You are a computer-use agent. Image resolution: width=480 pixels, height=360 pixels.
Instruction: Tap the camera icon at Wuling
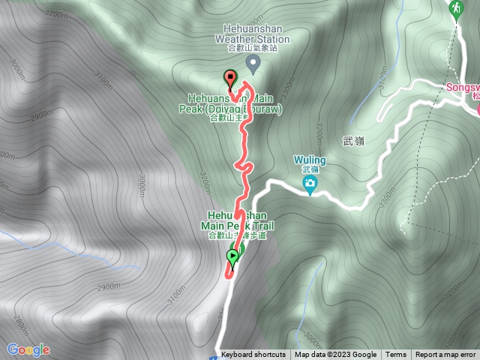click(310, 184)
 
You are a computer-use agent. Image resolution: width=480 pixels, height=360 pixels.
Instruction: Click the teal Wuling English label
click(309, 160)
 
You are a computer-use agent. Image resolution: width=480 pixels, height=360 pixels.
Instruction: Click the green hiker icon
click(454, 9)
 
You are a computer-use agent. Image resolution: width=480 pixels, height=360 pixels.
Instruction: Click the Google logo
click(28, 349)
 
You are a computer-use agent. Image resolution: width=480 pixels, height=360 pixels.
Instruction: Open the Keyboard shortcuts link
click(253, 355)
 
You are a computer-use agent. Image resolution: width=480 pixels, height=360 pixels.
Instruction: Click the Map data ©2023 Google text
click(335, 355)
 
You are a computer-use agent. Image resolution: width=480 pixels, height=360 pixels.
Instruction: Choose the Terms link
click(395, 355)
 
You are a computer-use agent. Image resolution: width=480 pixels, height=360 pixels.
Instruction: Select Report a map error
click(445, 355)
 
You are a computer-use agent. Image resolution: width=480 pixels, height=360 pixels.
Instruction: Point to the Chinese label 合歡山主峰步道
click(235, 235)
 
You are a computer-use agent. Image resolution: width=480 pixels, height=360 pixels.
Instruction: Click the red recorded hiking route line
click(243, 142)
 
